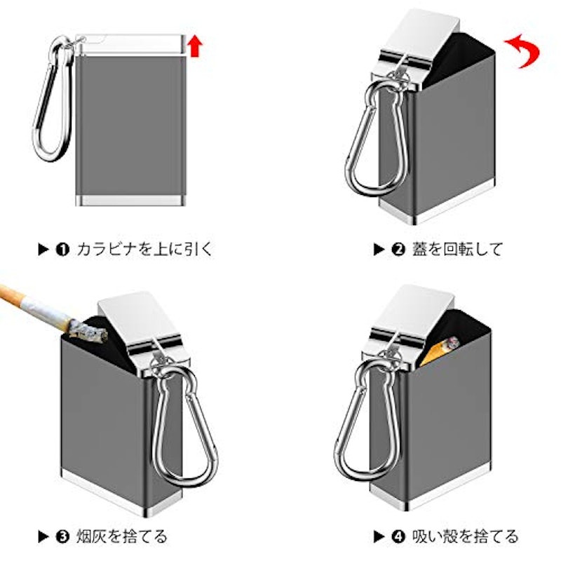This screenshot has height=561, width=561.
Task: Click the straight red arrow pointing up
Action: pos(196,46)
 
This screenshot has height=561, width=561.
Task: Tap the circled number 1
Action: pos(62,250)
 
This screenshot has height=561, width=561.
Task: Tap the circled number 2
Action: pos(398,250)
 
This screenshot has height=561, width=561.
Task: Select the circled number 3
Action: pos(62,536)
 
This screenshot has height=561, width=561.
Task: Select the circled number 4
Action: pos(398,536)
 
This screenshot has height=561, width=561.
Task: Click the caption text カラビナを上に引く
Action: pos(144,249)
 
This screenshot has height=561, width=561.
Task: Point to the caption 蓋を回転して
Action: pos(458,249)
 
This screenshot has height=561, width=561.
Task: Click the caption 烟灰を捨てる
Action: pos(121,536)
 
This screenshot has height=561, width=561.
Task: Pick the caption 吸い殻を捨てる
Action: pos(465,536)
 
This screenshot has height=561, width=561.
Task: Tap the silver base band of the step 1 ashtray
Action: pos(131,201)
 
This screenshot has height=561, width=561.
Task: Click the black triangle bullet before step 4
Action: pos(379,536)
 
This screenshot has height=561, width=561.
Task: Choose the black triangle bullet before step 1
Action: pos(43,250)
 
